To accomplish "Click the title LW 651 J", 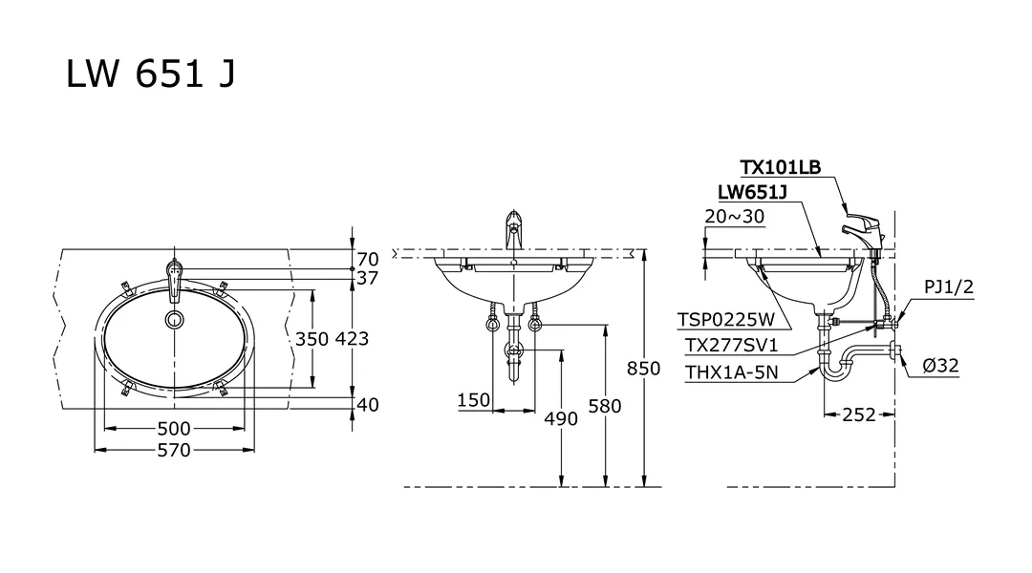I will [x=150, y=74].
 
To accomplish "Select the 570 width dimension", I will [x=173, y=450].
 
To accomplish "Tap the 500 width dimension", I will [x=173, y=428].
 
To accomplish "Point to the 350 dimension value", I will [x=312, y=338].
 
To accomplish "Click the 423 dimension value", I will [x=351, y=338].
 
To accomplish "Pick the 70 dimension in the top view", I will [x=367, y=259].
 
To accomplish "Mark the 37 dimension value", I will [x=368, y=278].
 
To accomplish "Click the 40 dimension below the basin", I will [x=367, y=405].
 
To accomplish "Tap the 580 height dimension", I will [x=605, y=406].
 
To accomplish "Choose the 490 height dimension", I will [x=561, y=418].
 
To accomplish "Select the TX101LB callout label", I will [x=780, y=168].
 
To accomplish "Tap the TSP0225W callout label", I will [x=725, y=320].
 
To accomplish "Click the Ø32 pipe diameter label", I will [x=941, y=365].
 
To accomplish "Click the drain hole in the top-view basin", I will [x=174, y=319].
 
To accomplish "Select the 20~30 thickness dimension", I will [x=734, y=216].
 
